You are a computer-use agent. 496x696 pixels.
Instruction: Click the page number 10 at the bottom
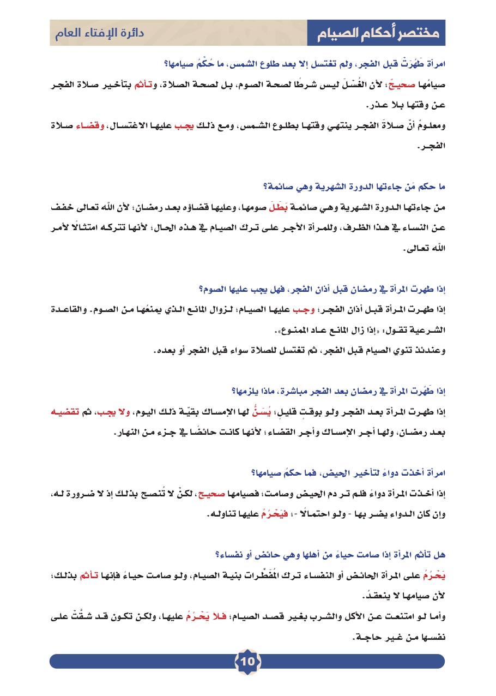coord(247,662)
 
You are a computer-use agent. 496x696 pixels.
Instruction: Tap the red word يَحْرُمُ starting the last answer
coord(435,575)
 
